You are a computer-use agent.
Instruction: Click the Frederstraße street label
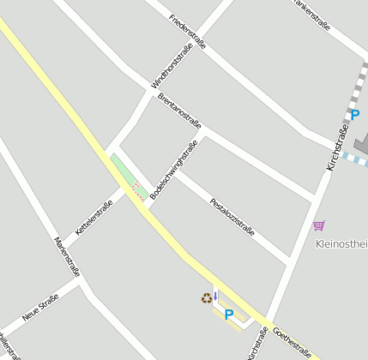(188, 32)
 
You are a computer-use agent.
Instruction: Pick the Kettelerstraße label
(94, 218)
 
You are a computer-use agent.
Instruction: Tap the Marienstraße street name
(67, 256)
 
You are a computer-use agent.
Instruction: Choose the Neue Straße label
(40, 307)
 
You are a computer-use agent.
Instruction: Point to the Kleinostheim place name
(342, 243)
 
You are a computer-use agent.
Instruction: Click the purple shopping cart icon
(319, 225)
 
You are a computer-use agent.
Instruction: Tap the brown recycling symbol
(206, 298)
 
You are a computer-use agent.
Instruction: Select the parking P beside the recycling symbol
(229, 315)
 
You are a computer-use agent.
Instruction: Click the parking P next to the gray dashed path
(355, 115)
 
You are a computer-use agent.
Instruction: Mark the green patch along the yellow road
(122, 170)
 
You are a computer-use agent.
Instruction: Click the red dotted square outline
(138, 190)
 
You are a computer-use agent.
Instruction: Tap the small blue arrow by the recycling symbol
(215, 296)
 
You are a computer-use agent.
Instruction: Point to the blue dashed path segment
(353, 159)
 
